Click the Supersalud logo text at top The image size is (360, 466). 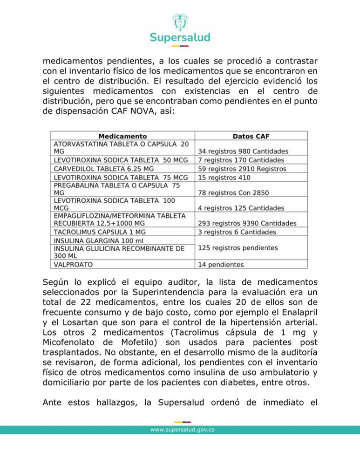[180, 37]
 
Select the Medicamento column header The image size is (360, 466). [122, 136]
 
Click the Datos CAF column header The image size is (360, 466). [251, 136]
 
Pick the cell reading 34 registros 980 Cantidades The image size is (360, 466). [243, 151]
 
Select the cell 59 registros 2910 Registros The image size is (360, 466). [242, 169]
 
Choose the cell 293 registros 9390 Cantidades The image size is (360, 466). [247, 223]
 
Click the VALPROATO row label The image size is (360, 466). [73, 264]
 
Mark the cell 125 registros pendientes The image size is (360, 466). [238, 248]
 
